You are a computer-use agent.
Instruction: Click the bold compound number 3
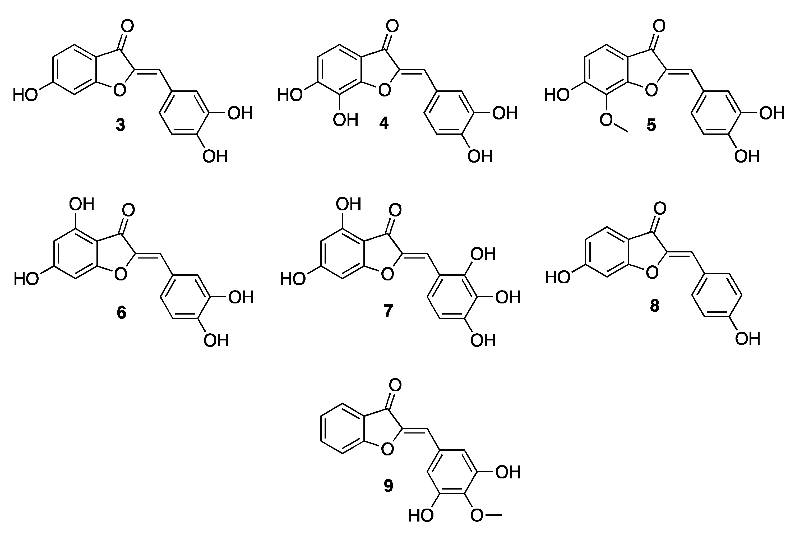click(x=121, y=125)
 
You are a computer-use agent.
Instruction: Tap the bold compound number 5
click(x=651, y=125)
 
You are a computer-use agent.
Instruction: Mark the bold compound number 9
click(x=388, y=486)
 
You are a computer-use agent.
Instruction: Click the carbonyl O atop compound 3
click(x=127, y=26)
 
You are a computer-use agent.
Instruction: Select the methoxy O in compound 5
click(x=606, y=119)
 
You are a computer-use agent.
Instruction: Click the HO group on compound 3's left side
click(x=25, y=95)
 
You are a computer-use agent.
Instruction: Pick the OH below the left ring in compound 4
click(x=345, y=120)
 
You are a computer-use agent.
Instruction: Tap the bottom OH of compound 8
click(x=747, y=339)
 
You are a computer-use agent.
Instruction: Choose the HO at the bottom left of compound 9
click(x=421, y=515)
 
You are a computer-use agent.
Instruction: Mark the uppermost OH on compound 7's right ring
click(x=483, y=254)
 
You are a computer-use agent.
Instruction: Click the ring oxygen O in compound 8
click(x=652, y=273)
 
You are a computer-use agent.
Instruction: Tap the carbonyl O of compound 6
click(x=128, y=210)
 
